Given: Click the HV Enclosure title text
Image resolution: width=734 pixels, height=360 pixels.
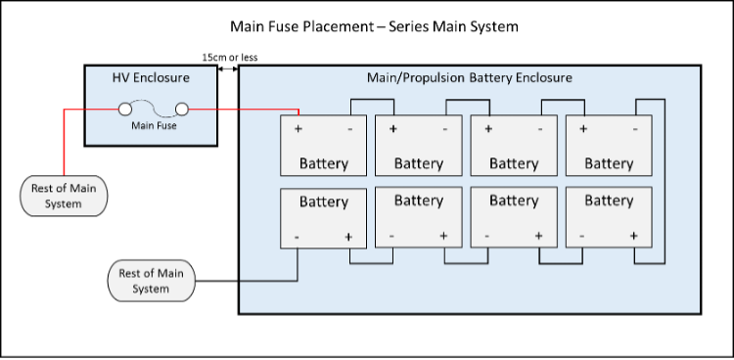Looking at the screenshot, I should click(151, 77).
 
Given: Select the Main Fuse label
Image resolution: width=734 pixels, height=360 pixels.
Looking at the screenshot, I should click(154, 125).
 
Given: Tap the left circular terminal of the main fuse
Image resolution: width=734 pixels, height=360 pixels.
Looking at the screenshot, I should click(125, 110).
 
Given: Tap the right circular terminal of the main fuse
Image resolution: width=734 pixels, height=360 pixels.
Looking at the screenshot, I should click(182, 110).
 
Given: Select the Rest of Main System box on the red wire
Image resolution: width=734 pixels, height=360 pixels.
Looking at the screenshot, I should click(64, 196).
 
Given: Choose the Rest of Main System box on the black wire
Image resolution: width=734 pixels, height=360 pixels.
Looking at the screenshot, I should click(151, 281).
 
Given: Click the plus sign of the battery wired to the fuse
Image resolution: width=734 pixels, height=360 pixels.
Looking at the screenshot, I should click(298, 129).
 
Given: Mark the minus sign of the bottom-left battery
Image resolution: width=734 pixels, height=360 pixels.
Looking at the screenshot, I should click(298, 237).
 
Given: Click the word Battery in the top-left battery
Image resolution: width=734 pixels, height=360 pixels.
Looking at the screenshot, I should click(323, 163).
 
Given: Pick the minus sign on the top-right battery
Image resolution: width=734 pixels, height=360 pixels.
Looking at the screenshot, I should click(634, 129).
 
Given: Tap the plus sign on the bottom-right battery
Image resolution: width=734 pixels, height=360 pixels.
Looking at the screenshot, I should click(633, 236).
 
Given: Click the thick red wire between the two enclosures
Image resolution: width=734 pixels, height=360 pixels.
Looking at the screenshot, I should click(228, 110).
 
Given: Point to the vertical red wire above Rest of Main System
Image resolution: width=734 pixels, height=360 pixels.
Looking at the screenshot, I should click(66, 142).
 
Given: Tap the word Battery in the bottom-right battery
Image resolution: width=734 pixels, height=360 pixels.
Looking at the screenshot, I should click(609, 201).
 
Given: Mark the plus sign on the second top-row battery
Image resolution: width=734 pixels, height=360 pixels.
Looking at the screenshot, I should click(393, 129).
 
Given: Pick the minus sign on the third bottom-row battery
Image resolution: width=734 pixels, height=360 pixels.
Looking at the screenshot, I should click(487, 236).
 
